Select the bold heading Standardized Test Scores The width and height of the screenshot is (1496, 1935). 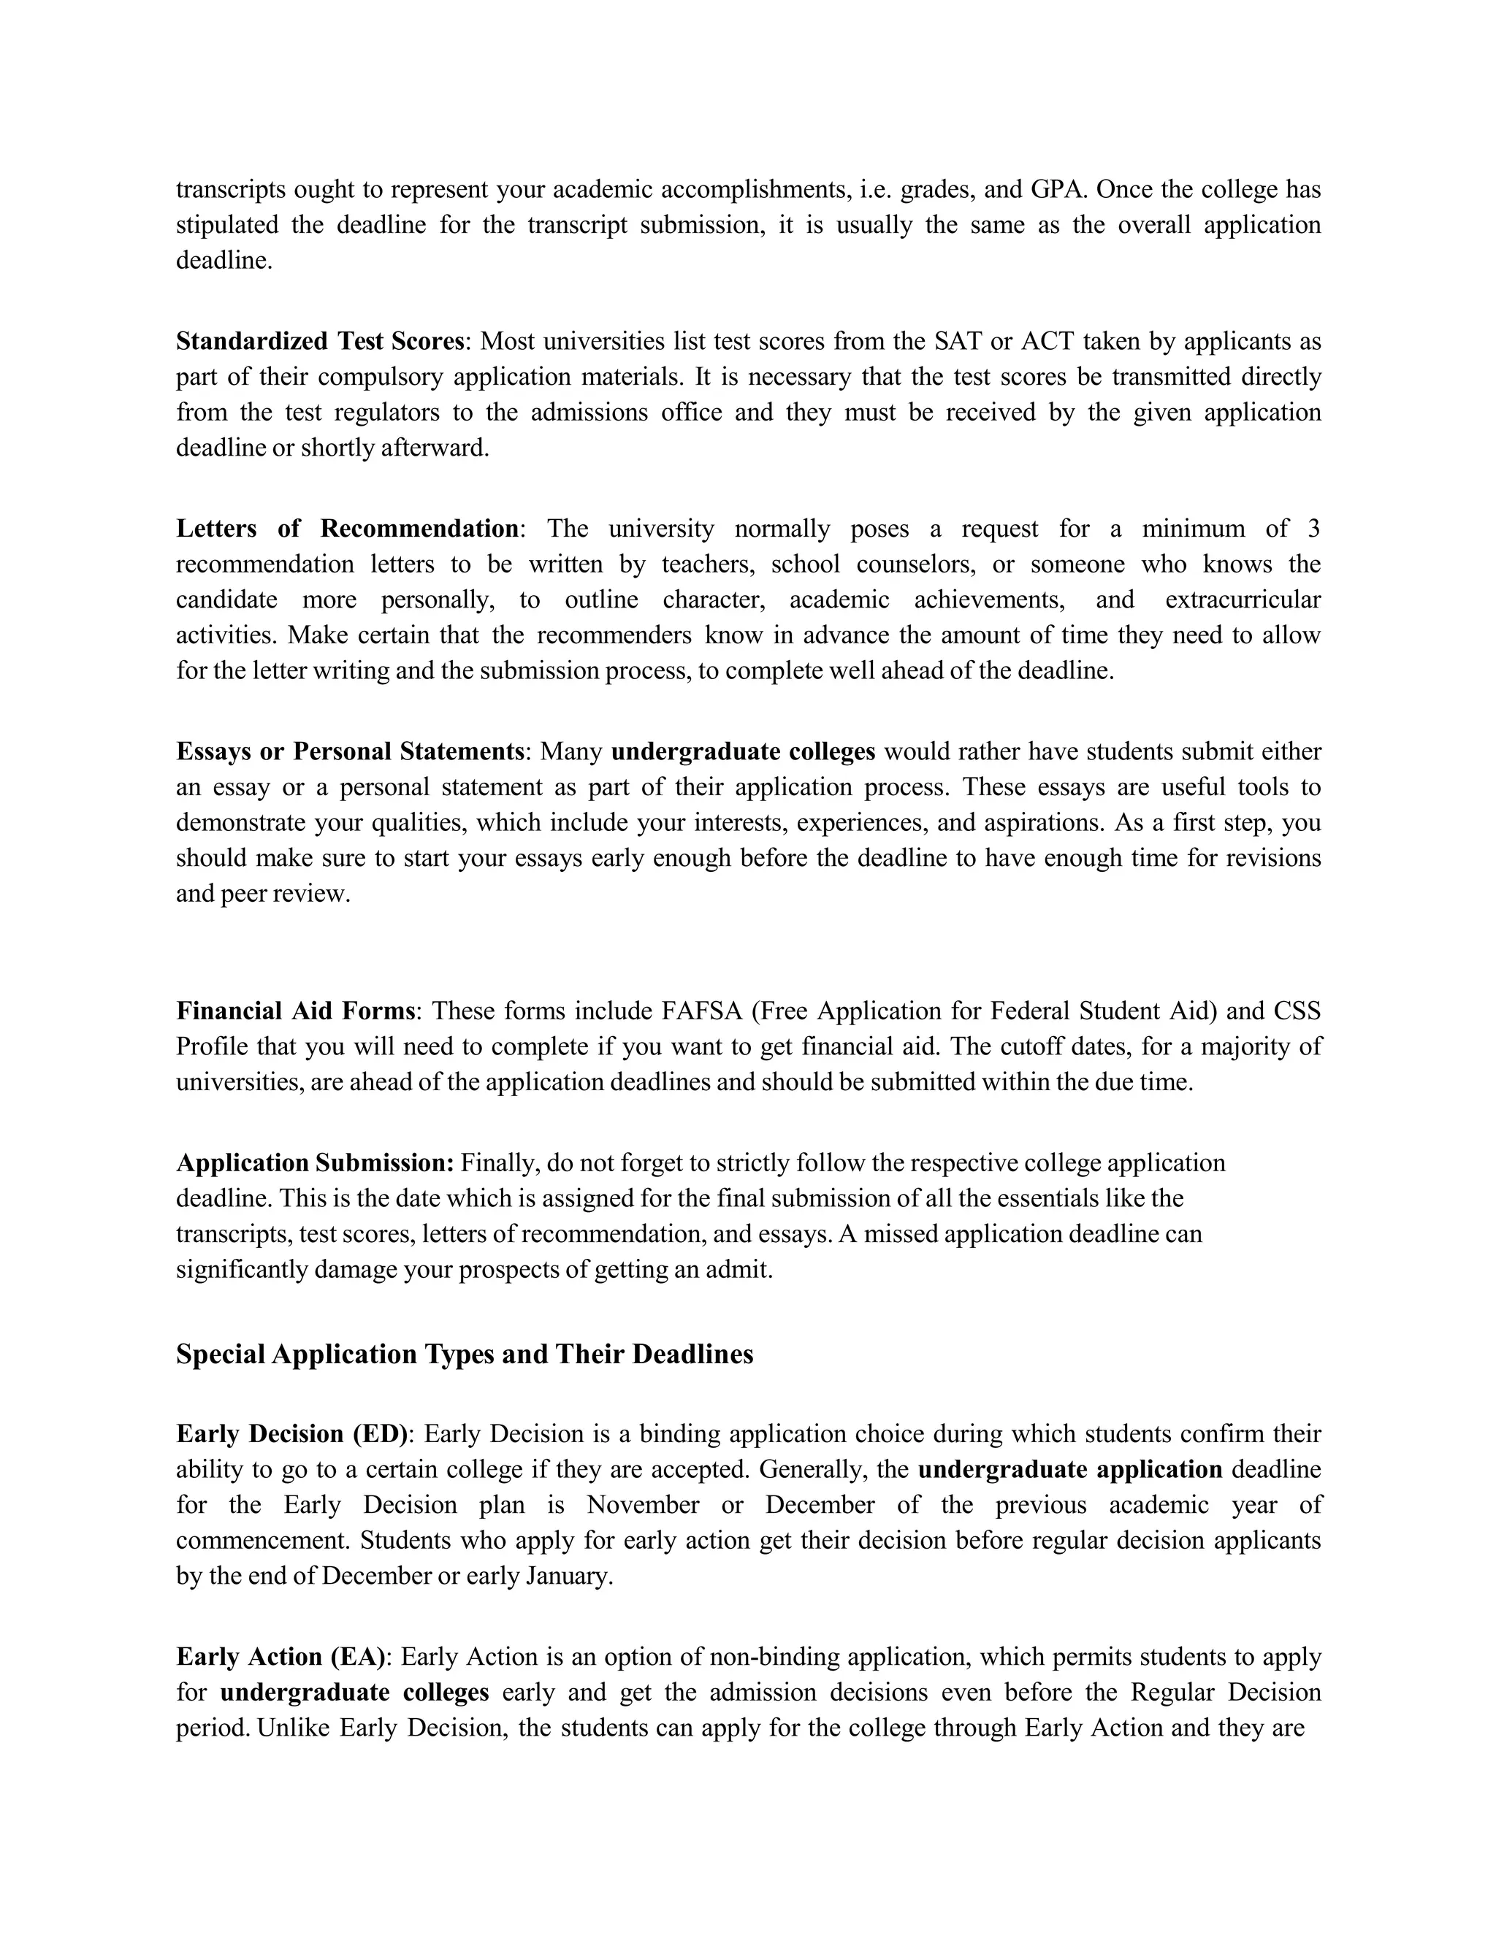pos(320,341)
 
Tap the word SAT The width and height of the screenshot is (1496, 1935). pos(953,341)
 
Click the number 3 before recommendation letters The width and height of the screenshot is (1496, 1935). pos(1313,529)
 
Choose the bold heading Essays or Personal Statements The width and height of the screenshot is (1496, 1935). pos(350,751)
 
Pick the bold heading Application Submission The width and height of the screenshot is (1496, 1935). pos(315,1162)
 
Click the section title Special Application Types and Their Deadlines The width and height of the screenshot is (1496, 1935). pos(465,1354)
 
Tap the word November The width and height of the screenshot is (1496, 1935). pos(643,1504)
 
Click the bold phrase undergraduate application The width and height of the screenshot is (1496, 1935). pos(1069,1469)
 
